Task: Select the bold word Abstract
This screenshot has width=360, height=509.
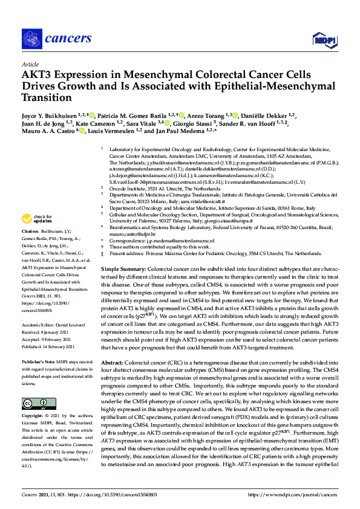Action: pyautogui.click(x=114, y=361)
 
